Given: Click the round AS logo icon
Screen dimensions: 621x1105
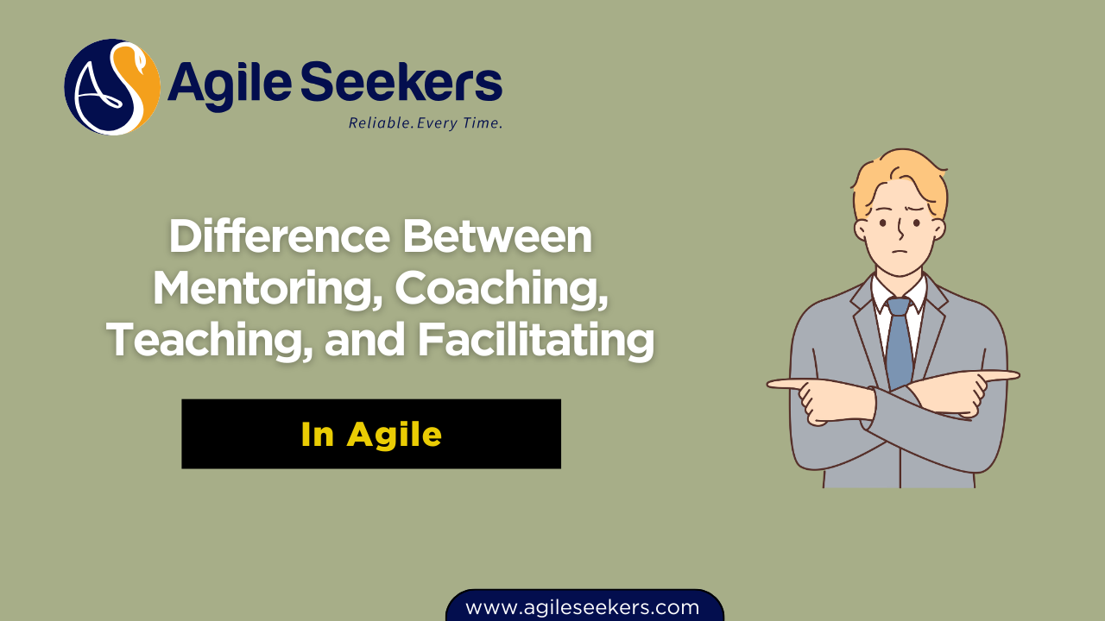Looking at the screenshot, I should pyautogui.click(x=112, y=87).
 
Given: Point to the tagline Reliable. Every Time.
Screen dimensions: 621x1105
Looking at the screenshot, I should pyautogui.click(x=425, y=123).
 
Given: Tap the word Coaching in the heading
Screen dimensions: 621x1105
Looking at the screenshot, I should pyautogui.click(x=502, y=288).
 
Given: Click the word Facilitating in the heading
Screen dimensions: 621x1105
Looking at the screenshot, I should pyautogui.click(x=535, y=340).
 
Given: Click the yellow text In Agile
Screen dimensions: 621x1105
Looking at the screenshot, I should pyautogui.click(x=371, y=435).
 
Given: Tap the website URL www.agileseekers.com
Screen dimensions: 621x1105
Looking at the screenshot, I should pyautogui.click(x=583, y=607).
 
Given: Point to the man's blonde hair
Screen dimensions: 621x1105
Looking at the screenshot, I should pyautogui.click(x=898, y=177).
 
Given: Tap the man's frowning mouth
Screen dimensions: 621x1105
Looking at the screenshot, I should pyautogui.click(x=900, y=254).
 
